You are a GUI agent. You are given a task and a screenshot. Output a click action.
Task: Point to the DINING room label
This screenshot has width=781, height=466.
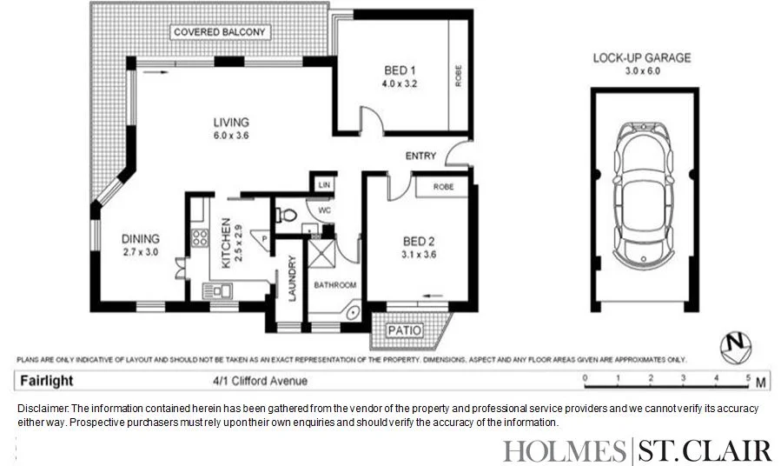pyautogui.click(x=140, y=239)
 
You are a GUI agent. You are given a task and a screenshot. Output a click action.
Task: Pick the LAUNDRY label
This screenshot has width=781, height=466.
pyautogui.click(x=292, y=278)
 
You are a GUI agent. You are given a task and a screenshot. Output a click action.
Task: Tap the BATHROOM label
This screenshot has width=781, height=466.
pyautogui.click(x=334, y=285)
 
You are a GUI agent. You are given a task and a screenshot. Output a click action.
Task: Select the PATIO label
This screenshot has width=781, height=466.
pyautogui.click(x=405, y=330)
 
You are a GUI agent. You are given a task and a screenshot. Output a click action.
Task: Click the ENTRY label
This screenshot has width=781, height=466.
pyautogui.click(x=421, y=156)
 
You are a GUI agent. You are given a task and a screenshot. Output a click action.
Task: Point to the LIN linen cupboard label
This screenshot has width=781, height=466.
pyautogui.click(x=324, y=184)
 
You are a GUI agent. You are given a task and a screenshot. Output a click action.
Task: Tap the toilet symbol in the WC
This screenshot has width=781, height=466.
pyautogui.click(x=282, y=214)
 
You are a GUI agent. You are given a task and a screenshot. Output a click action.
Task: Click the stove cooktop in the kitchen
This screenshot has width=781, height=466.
pyautogui.click(x=200, y=236)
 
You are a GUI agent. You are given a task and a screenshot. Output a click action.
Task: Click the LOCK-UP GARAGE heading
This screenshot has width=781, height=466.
pyautogui.click(x=642, y=58)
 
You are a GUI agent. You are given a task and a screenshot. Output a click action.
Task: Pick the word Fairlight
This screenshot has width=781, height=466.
pyautogui.click(x=47, y=381)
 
